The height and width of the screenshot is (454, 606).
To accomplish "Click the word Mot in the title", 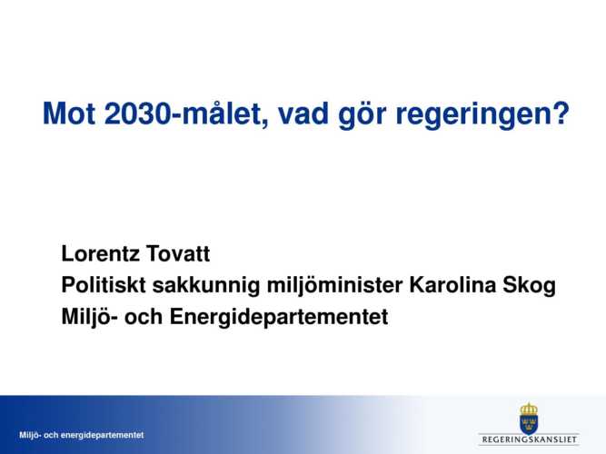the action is (69, 113).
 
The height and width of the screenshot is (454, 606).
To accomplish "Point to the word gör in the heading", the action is (363, 114).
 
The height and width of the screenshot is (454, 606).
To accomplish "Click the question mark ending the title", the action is (559, 113).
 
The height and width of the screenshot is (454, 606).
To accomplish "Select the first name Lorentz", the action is (101, 253).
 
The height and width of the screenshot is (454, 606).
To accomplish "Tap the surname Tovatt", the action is (178, 253).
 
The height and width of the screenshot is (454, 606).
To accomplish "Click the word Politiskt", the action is (104, 285).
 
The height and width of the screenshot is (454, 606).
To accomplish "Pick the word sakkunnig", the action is (206, 286).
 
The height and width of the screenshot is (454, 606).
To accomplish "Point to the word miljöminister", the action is (335, 286).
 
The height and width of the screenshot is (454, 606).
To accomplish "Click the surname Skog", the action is (529, 286).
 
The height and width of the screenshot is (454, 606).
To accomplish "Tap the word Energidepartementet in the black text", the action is (279, 318).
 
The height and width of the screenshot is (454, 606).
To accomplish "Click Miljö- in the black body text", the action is (90, 318).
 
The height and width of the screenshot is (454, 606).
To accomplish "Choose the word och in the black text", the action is (144, 317).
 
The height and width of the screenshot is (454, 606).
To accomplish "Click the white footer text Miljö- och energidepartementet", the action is (82, 435).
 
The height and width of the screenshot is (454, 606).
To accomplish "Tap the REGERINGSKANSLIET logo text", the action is (530, 439).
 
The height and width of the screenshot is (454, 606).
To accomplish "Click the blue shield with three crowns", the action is (529, 425).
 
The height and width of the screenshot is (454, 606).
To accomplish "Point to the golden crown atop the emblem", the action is (529, 409).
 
